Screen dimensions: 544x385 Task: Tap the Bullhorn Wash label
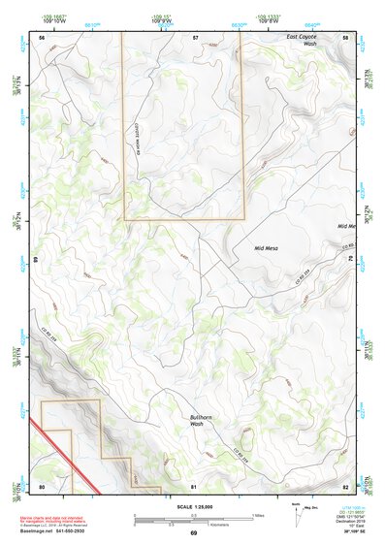[x=197, y=420]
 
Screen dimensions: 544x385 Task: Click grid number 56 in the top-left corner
[x=42, y=36]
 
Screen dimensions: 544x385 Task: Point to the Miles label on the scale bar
[x=258, y=515]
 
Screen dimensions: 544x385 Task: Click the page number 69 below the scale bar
[x=194, y=534]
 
